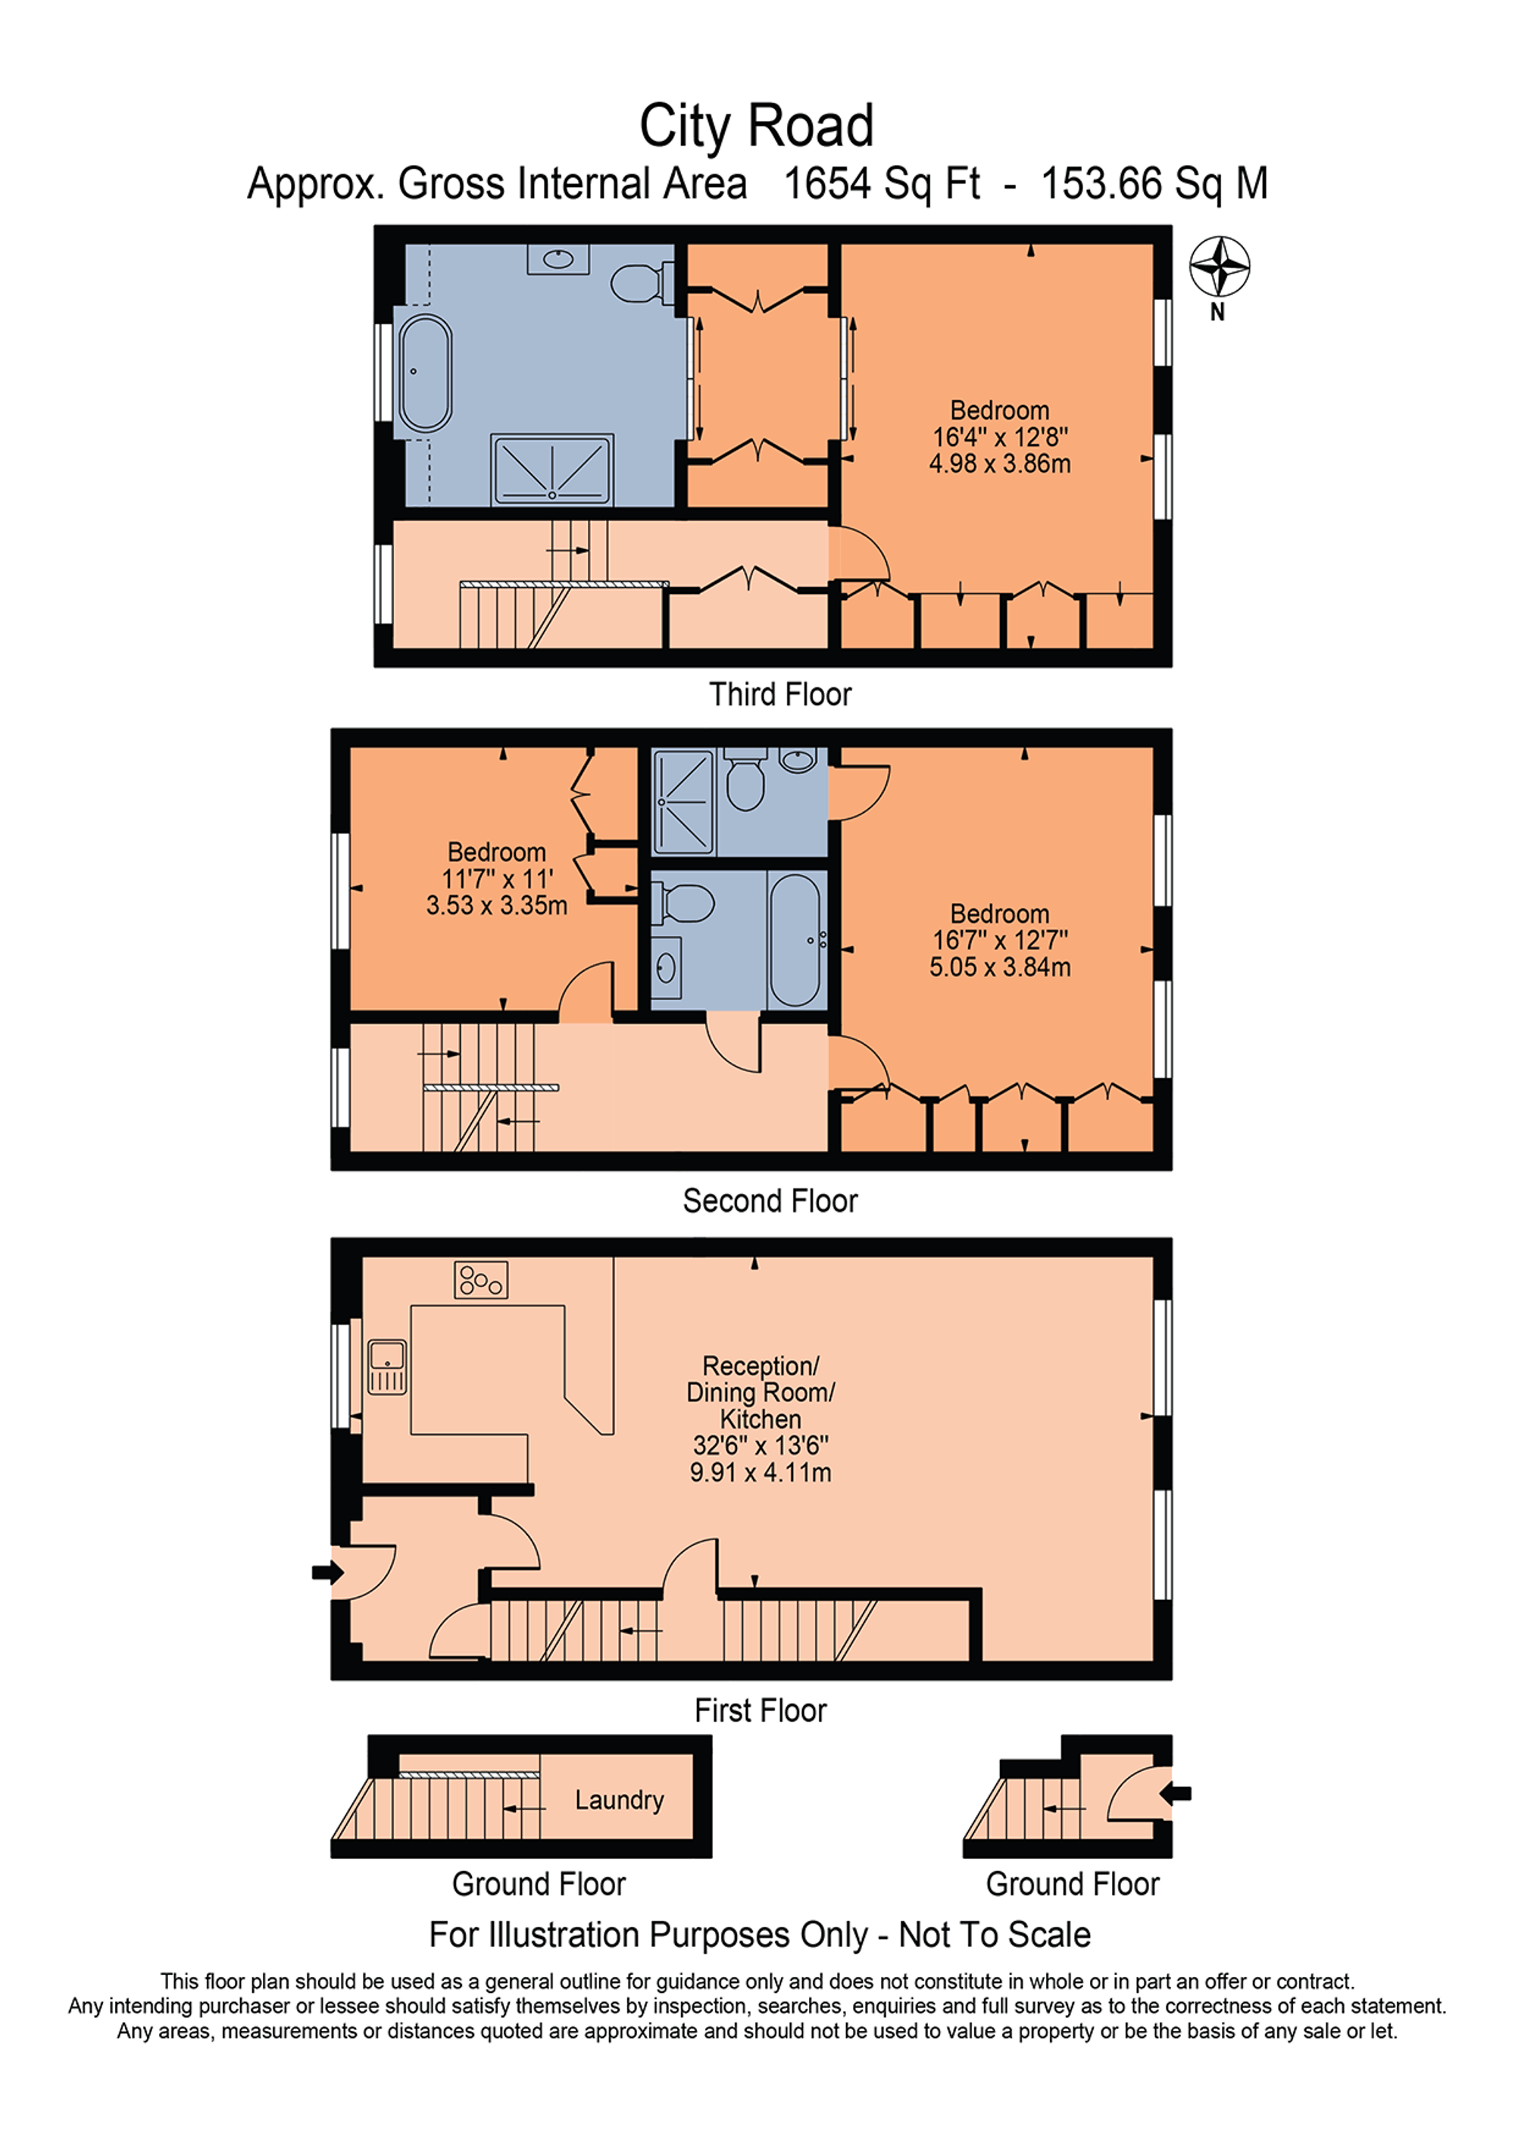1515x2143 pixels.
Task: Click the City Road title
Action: point(756,126)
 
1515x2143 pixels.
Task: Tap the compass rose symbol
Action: point(1219,267)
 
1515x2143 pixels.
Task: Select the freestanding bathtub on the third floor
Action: point(425,373)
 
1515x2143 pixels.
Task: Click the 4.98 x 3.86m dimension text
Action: point(999,464)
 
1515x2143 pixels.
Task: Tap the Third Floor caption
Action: point(779,695)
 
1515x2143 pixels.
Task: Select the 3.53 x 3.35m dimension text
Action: point(497,905)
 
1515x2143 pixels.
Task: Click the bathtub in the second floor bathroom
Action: point(795,939)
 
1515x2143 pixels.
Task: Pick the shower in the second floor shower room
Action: point(684,801)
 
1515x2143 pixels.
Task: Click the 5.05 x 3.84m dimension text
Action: point(999,967)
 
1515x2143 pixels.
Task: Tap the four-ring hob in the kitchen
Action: point(481,1279)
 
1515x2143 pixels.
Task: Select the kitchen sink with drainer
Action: point(386,1367)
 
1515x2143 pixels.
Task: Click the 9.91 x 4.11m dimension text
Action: point(760,1473)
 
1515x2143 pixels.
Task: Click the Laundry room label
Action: point(619,1800)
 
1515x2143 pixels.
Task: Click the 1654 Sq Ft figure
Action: point(881,184)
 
